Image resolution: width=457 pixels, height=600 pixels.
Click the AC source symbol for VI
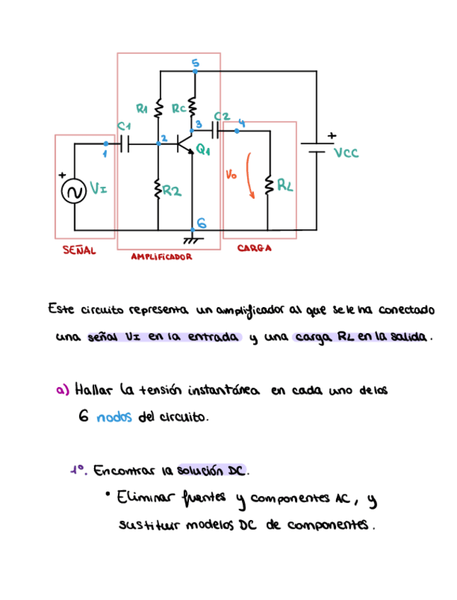click(74, 191)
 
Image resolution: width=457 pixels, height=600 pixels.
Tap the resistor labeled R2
click(158, 190)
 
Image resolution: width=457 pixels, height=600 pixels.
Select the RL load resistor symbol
click(268, 185)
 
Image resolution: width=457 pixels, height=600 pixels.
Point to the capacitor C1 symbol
click(126, 144)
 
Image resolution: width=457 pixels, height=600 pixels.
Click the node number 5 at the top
click(196, 64)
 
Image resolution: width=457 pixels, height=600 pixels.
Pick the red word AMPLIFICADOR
click(162, 258)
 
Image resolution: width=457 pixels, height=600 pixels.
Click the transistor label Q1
click(203, 150)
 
